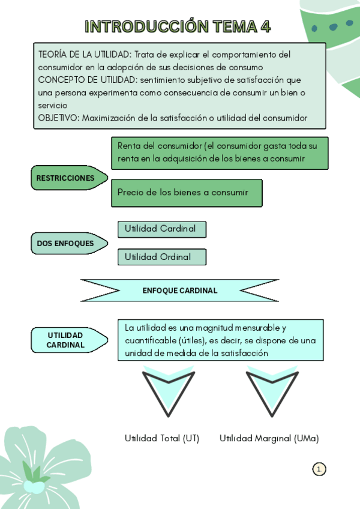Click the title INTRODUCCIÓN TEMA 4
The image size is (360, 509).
tap(178, 26)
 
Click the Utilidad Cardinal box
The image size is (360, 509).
tap(161, 229)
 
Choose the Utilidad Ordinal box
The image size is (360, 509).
tap(161, 257)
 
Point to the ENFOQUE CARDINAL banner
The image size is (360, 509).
tap(180, 291)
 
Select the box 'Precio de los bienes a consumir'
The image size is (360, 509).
tap(186, 193)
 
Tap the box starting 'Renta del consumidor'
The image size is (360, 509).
tap(219, 152)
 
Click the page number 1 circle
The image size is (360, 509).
tap(319, 469)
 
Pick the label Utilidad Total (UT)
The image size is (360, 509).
tap(162, 438)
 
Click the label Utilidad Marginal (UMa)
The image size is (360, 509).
tap(269, 438)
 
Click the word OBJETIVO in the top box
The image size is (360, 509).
tap(58, 118)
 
